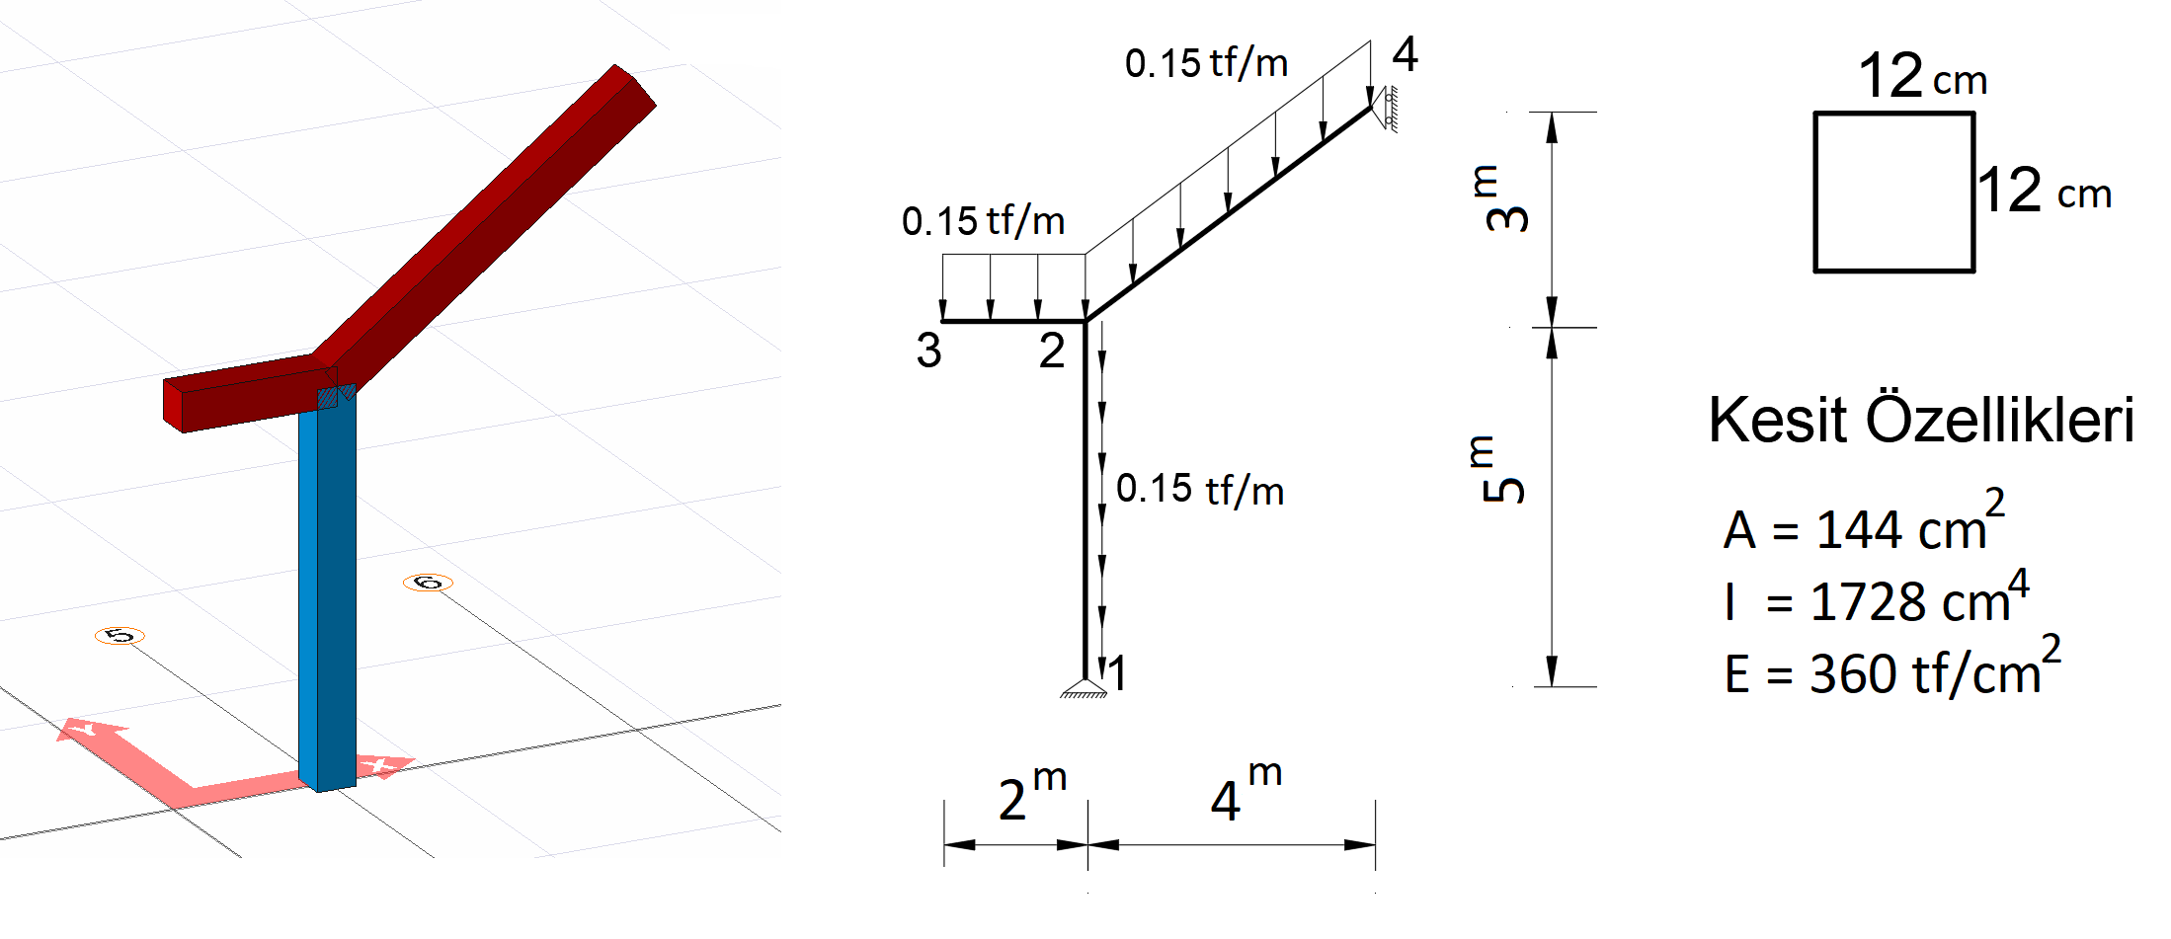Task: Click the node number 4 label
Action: click(x=1406, y=54)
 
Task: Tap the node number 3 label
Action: click(x=928, y=351)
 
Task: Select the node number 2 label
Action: click(x=1052, y=351)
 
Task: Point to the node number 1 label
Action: click(x=1117, y=674)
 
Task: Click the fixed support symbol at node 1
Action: click(x=1085, y=688)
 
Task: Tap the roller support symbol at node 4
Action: click(x=1385, y=109)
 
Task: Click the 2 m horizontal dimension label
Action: click(x=1032, y=792)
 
